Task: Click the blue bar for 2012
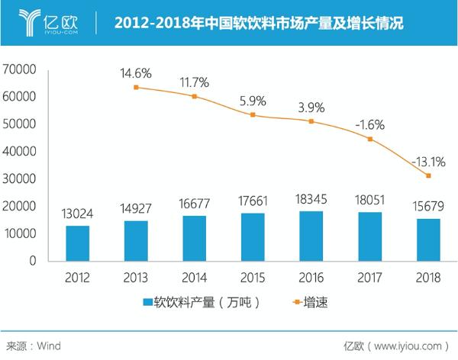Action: (x=77, y=243)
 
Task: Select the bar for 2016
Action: (x=311, y=235)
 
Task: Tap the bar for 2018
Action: (x=429, y=239)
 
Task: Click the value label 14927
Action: (x=136, y=207)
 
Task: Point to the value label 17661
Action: (x=253, y=201)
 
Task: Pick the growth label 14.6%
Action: (x=136, y=74)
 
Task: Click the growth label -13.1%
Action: (x=428, y=162)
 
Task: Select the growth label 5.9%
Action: (x=253, y=99)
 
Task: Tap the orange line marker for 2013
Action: (x=136, y=88)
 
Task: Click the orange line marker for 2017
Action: (x=370, y=139)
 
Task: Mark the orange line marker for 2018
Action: (x=429, y=175)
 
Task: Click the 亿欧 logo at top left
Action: (x=46, y=21)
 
